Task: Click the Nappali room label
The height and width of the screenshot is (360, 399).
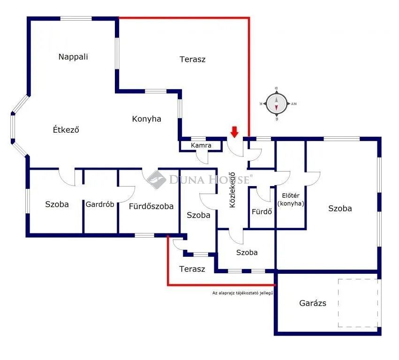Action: coord(73,57)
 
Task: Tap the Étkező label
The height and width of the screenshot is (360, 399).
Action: coord(66,130)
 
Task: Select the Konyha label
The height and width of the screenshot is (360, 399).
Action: coord(146,119)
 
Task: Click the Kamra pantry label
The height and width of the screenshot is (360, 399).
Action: coord(201,145)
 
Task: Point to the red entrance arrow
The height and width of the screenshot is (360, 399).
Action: coord(234,132)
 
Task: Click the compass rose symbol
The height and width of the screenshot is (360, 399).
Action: coord(276,104)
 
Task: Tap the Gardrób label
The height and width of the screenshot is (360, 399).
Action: coord(100,204)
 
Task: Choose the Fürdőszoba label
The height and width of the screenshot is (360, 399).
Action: coord(151,206)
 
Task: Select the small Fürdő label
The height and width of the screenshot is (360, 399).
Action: coord(262,211)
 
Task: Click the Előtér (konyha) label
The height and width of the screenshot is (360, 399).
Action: coord(291,200)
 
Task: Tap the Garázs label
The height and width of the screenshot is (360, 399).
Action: coord(313,303)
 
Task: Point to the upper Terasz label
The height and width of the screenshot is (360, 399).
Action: coord(192,60)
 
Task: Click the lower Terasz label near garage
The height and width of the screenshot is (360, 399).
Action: coord(192,269)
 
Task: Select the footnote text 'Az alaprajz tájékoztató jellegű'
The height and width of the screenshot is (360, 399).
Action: coord(242,293)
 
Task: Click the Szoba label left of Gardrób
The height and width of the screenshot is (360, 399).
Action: coord(57,204)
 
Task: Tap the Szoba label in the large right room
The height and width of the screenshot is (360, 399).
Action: coord(340,209)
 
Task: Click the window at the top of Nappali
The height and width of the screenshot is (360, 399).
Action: coord(75,19)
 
